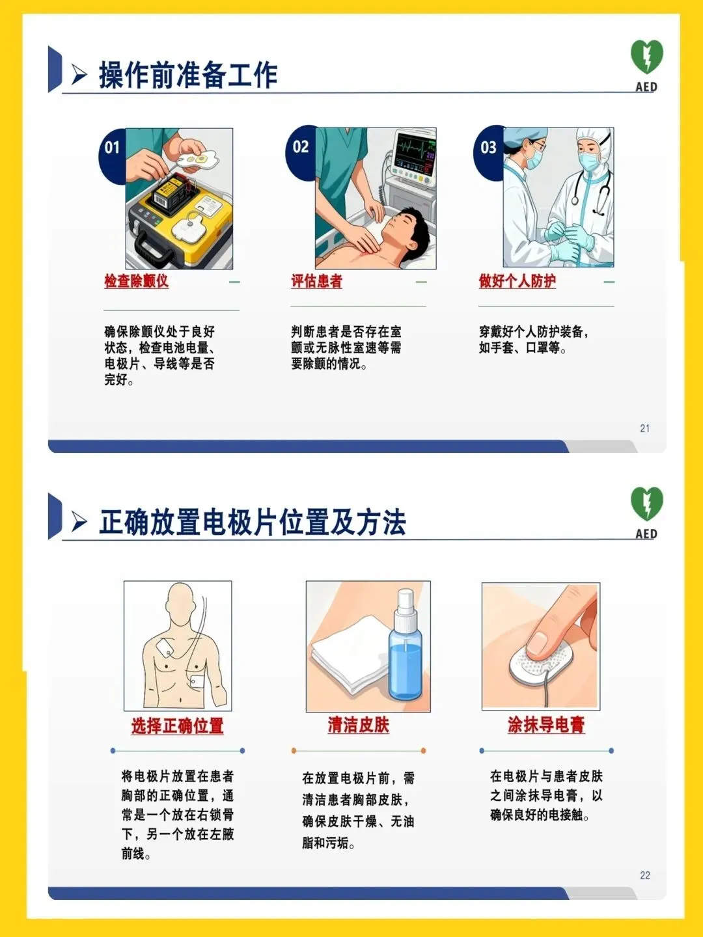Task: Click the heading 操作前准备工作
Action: coord(188,75)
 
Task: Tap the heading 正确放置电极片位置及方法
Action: coord(253,522)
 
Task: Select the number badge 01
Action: coord(112,148)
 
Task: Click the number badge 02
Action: coord(301,147)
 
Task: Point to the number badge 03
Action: coord(488,147)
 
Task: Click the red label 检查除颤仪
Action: coord(136,281)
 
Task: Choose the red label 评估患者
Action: coord(317,281)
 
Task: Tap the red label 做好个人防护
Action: coord(517,281)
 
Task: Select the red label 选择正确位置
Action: coord(177,726)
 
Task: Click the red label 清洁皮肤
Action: coord(359,725)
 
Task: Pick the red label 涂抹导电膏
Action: coord(546,725)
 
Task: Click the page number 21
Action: coord(644,428)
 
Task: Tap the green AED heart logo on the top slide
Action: coord(646,57)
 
